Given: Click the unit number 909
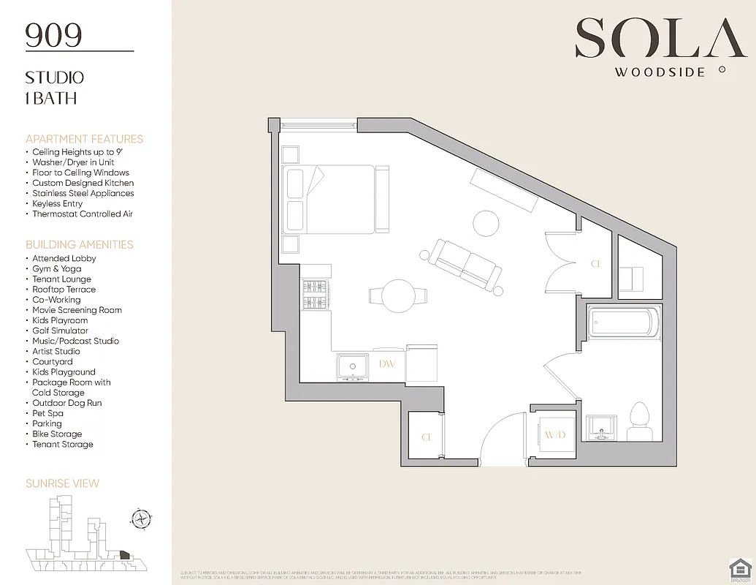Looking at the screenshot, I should [53, 35].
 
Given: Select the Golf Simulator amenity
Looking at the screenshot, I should [60, 331].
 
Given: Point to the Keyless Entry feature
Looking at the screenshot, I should [57, 203].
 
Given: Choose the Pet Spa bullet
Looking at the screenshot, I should [48, 413].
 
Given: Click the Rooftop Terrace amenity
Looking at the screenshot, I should [64, 290].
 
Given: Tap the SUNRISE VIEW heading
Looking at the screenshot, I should [62, 483].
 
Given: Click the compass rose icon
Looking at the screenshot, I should [140, 519].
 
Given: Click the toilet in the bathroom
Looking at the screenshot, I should [640, 421].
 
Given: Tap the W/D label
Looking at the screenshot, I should [554, 436].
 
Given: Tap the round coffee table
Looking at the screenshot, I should [486, 222].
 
